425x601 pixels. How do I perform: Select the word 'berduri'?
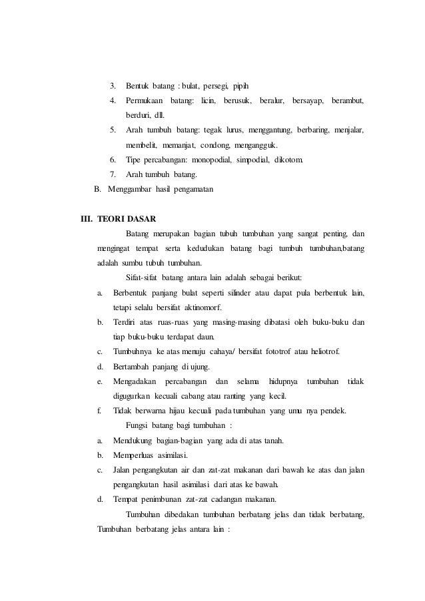click(x=139, y=116)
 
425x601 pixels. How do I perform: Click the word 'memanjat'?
click(x=177, y=145)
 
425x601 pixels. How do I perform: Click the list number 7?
click(x=113, y=175)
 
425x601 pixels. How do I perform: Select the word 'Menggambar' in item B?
click(x=129, y=190)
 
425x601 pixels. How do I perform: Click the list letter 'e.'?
click(x=99, y=381)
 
